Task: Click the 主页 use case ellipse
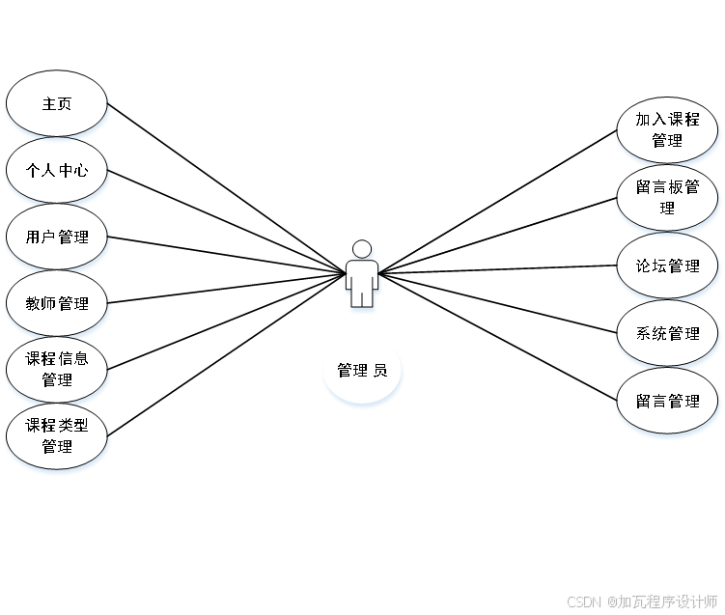click(57, 103)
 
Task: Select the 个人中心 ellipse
click(57, 170)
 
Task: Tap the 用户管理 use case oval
click(57, 237)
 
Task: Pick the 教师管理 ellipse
click(57, 303)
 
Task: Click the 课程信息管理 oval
click(57, 370)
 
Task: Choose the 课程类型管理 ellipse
click(57, 436)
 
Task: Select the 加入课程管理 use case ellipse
click(667, 129)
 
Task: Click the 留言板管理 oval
click(667, 197)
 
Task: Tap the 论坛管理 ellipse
click(667, 266)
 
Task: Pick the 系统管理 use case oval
click(667, 333)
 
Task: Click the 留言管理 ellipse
click(667, 401)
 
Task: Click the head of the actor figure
click(362, 249)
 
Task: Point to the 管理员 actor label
click(362, 371)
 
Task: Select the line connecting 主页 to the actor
click(226, 188)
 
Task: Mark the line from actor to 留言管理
click(497, 336)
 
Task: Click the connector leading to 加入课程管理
click(497, 201)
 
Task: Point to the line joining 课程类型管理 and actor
click(226, 355)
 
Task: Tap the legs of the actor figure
click(362, 296)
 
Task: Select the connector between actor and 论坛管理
click(497, 269)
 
